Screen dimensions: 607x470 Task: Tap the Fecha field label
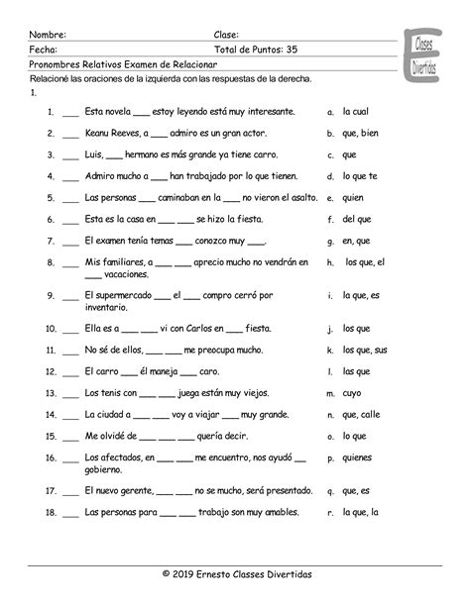click(x=43, y=48)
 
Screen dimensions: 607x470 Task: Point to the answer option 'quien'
click(x=354, y=197)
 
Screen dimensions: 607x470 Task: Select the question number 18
click(x=48, y=511)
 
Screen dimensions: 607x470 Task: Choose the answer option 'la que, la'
click(x=360, y=511)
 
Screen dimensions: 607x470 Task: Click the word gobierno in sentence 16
click(x=106, y=467)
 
